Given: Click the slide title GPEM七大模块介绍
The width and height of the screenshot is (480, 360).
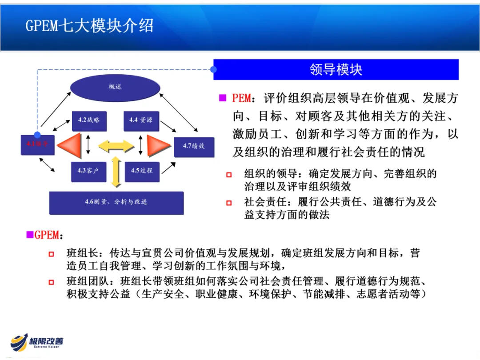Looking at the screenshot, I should (x=89, y=25).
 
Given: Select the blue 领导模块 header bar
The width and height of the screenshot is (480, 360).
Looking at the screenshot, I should (x=336, y=69).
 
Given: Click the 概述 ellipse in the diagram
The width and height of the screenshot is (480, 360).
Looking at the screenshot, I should (x=115, y=87).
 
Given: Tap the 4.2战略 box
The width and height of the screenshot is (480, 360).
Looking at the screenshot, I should (x=89, y=120).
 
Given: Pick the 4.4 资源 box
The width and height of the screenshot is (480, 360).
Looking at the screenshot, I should (x=141, y=120).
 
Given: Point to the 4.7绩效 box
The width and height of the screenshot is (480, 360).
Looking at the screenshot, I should (x=194, y=146).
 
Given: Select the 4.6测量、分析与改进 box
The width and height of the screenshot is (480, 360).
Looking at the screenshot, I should (x=116, y=202).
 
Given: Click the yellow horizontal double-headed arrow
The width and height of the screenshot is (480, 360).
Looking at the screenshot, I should (x=116, y=145).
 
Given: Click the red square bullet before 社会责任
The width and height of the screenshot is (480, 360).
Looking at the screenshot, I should (x=229, y=203).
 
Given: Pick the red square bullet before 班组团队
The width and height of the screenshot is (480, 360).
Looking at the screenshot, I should (x=52, y=282).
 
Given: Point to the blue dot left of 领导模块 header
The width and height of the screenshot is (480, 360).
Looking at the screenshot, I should (x=214, y=69).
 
